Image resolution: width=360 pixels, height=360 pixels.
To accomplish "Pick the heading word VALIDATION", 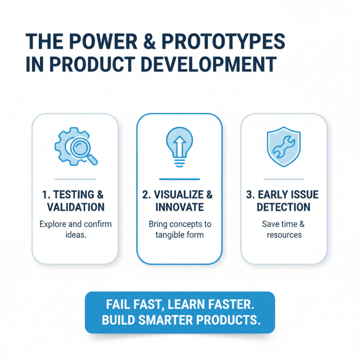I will point(76,207).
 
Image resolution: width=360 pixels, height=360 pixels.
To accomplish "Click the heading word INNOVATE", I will point(179,207).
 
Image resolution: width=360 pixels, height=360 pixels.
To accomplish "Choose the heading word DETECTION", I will point(283,207).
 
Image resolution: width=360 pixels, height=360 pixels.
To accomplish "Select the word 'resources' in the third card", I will point(284,234).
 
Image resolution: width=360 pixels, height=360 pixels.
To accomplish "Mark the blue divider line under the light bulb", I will point(179,178).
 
